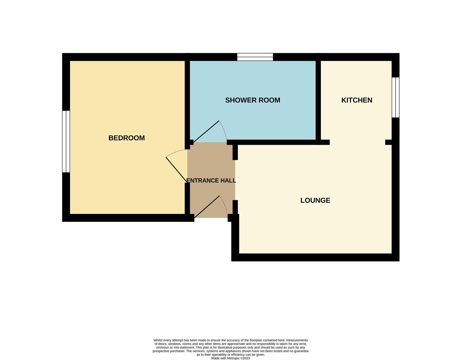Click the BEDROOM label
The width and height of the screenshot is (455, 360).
(x=127, y=138)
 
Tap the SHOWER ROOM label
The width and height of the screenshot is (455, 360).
(x=252, y=100)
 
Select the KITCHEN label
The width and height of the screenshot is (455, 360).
(x=356, y=100)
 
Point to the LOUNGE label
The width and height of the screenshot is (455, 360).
(x=315, y=200)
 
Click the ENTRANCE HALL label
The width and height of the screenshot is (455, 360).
(x=211, y=181)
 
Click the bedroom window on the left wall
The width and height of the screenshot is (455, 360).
(x=66, y=141)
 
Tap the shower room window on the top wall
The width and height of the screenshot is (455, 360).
(x=255, y=57)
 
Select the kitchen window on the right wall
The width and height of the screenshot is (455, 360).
(x=395, y=97)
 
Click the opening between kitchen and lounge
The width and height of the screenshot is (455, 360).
(x=357, y=142)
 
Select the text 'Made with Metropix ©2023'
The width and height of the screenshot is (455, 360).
(x=230, y=358)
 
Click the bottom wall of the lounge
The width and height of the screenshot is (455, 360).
(x=315, y=257)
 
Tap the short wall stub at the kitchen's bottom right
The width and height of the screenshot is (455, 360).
(x=389, y=142)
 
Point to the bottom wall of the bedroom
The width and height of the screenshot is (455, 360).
(x=127, y=218)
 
